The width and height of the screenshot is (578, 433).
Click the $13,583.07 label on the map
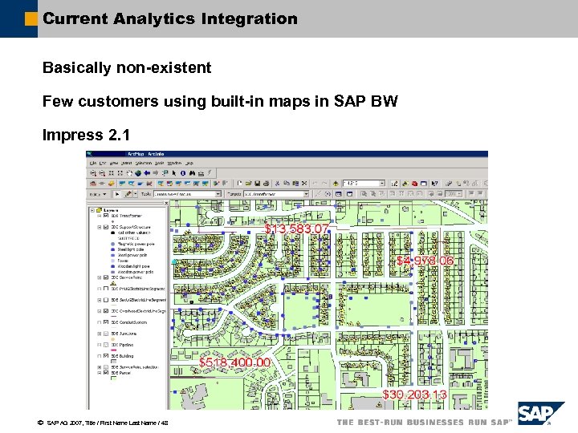[297, 229]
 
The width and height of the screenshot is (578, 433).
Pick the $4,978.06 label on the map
[425, 261]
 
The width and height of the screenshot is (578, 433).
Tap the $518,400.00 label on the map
[235, 362]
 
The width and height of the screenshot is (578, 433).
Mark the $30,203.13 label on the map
[414, 395]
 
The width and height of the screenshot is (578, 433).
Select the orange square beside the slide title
[31, 18]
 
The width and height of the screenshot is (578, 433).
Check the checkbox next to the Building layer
[105, 355]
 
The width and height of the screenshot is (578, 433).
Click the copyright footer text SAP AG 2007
[70, 423]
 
